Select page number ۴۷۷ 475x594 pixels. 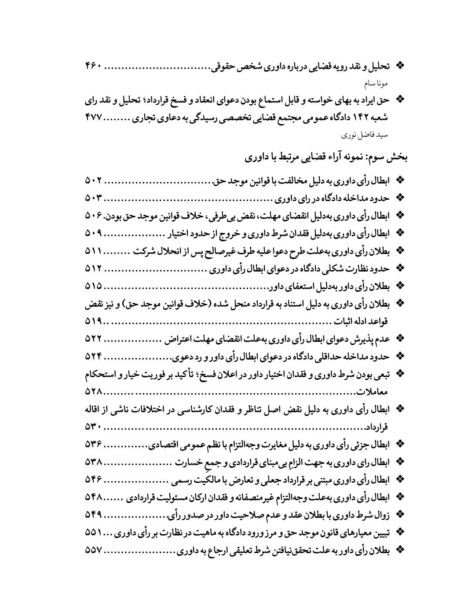94,119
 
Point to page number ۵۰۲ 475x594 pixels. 94,180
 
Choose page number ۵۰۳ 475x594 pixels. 94,198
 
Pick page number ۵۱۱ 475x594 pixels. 94,250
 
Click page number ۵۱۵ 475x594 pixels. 94,286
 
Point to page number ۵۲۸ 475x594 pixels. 94,391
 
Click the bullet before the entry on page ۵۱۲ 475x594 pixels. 400,268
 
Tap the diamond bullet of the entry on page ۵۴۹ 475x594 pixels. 400,513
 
